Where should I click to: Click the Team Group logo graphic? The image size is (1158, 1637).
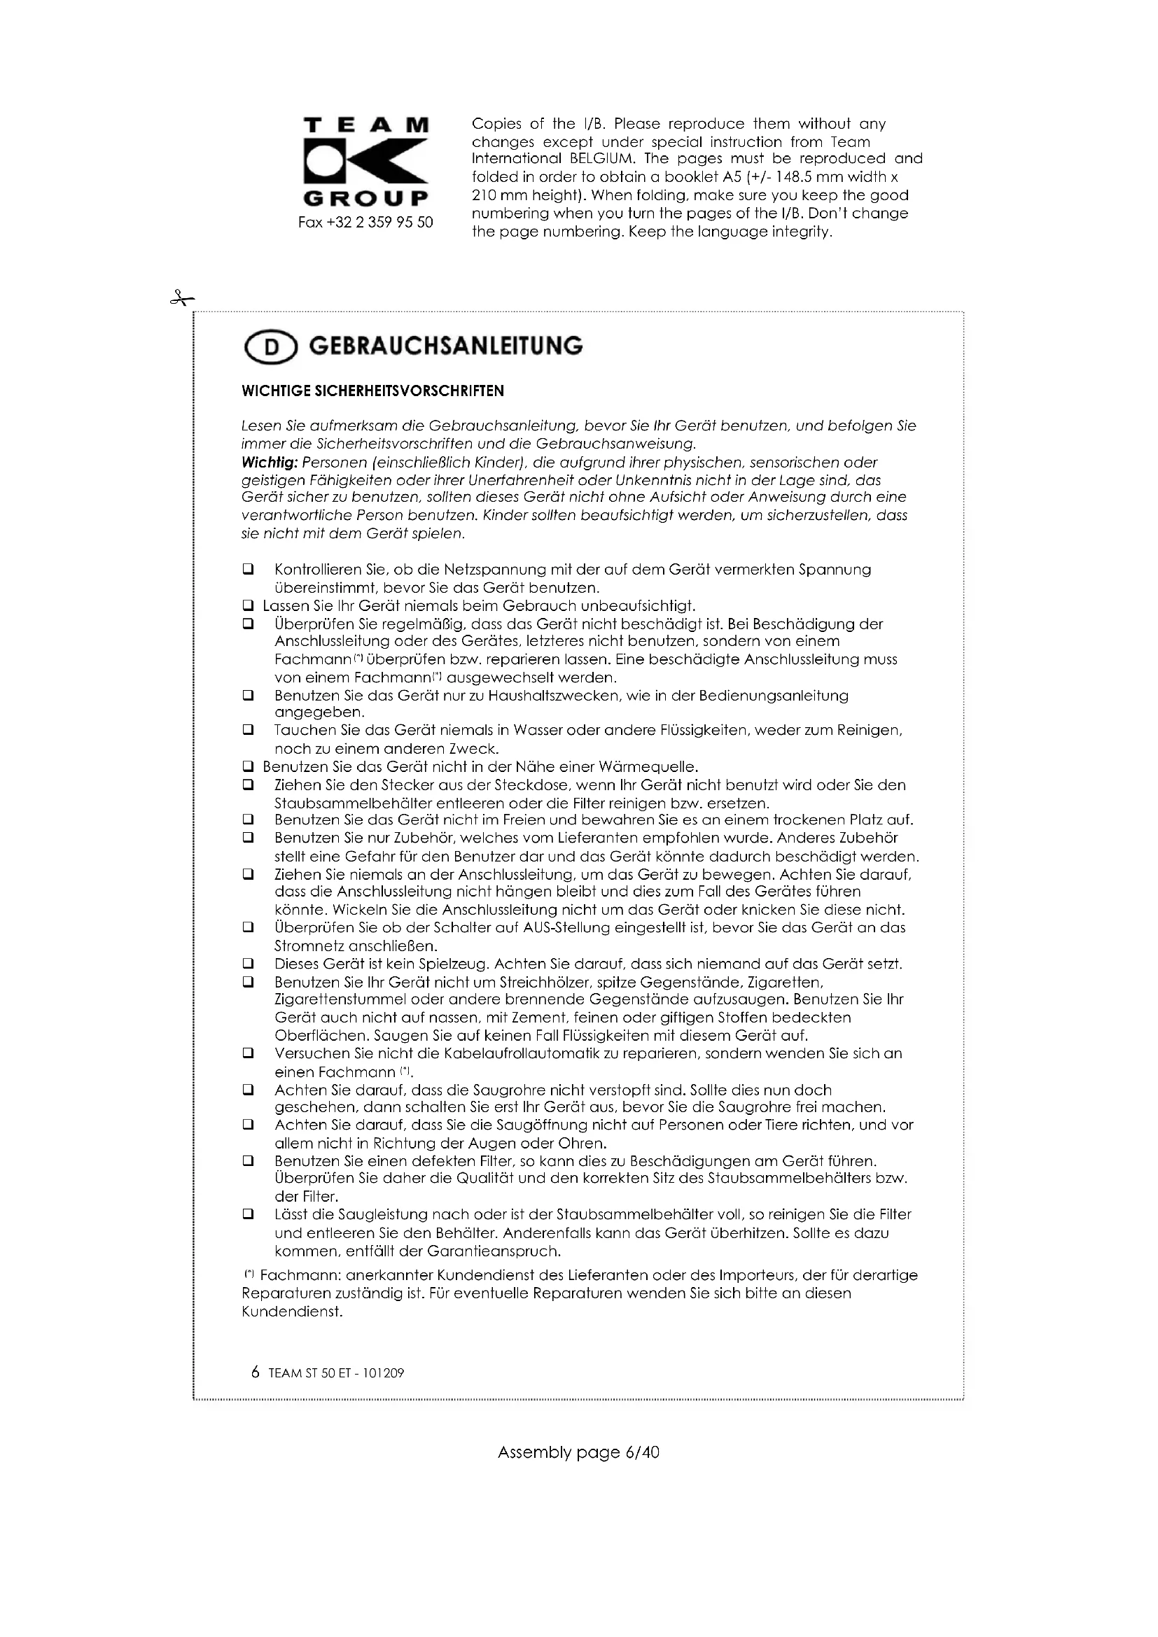click(x=365, y=161)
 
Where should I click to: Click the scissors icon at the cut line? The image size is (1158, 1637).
click(x=181, y=298)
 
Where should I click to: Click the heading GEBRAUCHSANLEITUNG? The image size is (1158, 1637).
click(x=446, y=346)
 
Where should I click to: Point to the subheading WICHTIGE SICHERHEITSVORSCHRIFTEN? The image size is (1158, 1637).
click(x=373, y=391)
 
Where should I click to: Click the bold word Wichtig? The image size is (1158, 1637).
click(x=270, y=462)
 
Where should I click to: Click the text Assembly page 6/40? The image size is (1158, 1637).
click(x=578, y=1452)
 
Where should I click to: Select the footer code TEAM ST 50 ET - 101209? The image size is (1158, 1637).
click(x=337, y=1373)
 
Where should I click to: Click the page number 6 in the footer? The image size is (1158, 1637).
click(x=256, y=1372)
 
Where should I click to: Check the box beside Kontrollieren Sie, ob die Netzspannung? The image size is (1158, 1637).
click(x=248, y=570)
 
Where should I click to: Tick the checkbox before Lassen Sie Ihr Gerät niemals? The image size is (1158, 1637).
click(x=248, y=606)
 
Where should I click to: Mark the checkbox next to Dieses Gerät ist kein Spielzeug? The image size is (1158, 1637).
click(x=248, y=964)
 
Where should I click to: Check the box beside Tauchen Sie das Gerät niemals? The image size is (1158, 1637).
click(x=248, y=730)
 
